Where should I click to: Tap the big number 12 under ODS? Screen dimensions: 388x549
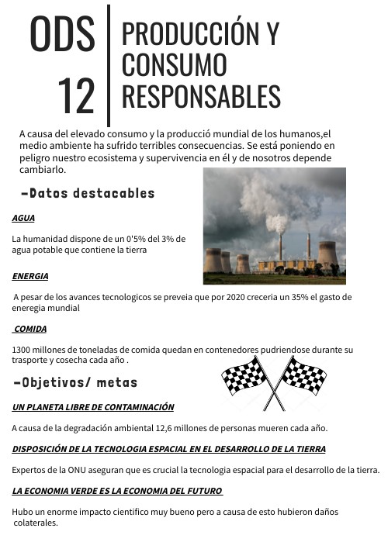pos(76,95)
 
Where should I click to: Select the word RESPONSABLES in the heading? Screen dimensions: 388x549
pos(201,96)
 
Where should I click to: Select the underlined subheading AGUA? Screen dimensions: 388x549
pos(23,219)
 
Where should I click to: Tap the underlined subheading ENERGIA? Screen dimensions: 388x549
pos(30,276)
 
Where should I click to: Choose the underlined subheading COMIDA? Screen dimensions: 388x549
pos(30,329)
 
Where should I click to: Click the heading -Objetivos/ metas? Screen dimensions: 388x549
pos(75,382)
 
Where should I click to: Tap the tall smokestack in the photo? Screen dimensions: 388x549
pos(280,247)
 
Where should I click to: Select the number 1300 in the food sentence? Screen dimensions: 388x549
pos(22,350)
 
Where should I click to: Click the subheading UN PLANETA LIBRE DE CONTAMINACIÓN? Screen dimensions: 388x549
pos(93,407)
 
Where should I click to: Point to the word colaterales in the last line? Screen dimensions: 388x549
pos(36,523)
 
